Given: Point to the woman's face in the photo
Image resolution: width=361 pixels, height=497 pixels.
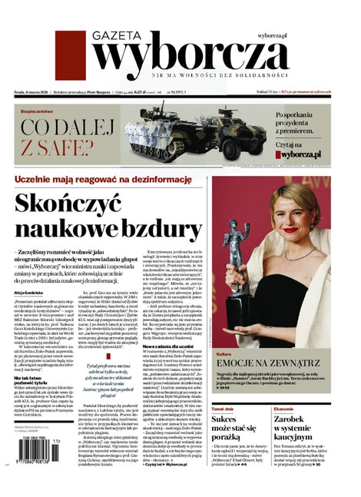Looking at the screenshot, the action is coord(300,216).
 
